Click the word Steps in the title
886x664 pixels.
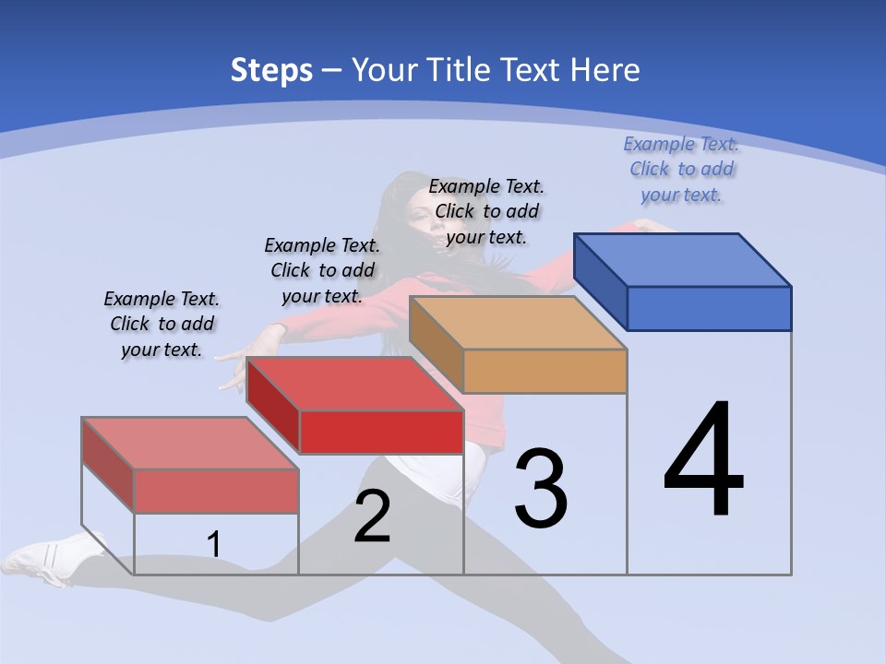(271, 70)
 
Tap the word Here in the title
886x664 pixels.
(605, 70)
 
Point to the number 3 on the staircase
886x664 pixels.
(541, 488)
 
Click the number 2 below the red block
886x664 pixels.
(372, 516)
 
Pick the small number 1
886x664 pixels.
(214, 545)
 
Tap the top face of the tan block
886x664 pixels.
(518, 323)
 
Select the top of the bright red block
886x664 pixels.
(354, 384)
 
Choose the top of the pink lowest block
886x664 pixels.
(190, 444)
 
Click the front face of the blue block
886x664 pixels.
(709, 308)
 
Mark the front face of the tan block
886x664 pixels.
(545, 371)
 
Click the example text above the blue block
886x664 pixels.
(681, 169)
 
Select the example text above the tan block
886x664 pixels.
(486, 211)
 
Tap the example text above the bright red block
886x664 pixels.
(322, 270)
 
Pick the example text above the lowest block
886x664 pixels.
(162, 324)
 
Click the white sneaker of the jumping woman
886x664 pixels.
(51, 558)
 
